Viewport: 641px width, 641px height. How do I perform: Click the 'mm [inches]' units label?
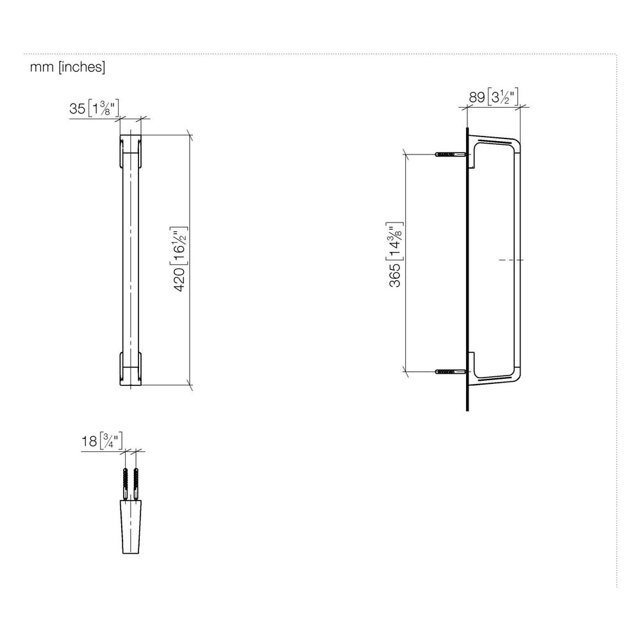click(67, 67)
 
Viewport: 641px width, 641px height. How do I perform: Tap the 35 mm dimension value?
click(78, 109)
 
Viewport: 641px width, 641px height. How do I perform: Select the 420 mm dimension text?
click(179, 279)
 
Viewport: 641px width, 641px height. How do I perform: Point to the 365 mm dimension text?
click(395, 276)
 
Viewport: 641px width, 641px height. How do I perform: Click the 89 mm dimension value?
click(476, 97)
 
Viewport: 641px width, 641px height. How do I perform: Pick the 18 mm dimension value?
click(90, 441)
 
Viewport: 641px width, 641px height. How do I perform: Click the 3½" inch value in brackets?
click(503, 97)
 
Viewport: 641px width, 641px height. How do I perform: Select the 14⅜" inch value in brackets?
click(394, 242)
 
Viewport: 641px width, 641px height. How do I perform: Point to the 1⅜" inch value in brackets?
click(103, 108)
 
